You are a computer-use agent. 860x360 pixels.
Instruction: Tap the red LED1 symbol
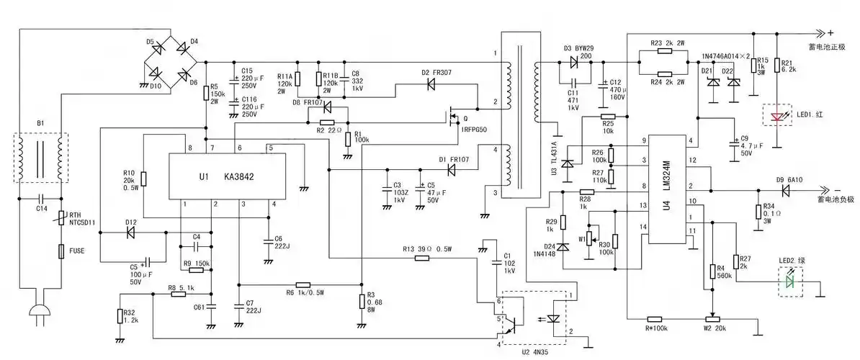pyautogui.click(x=776, y=116)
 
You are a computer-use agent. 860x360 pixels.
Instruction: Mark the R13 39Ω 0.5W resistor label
pyautogui.click(x=428, y=249)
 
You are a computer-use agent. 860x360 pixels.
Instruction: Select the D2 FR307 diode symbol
pyautogui.click(x=431, y=84)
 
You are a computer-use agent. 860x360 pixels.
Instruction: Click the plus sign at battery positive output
pyautogui.click(x=829, y=32)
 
